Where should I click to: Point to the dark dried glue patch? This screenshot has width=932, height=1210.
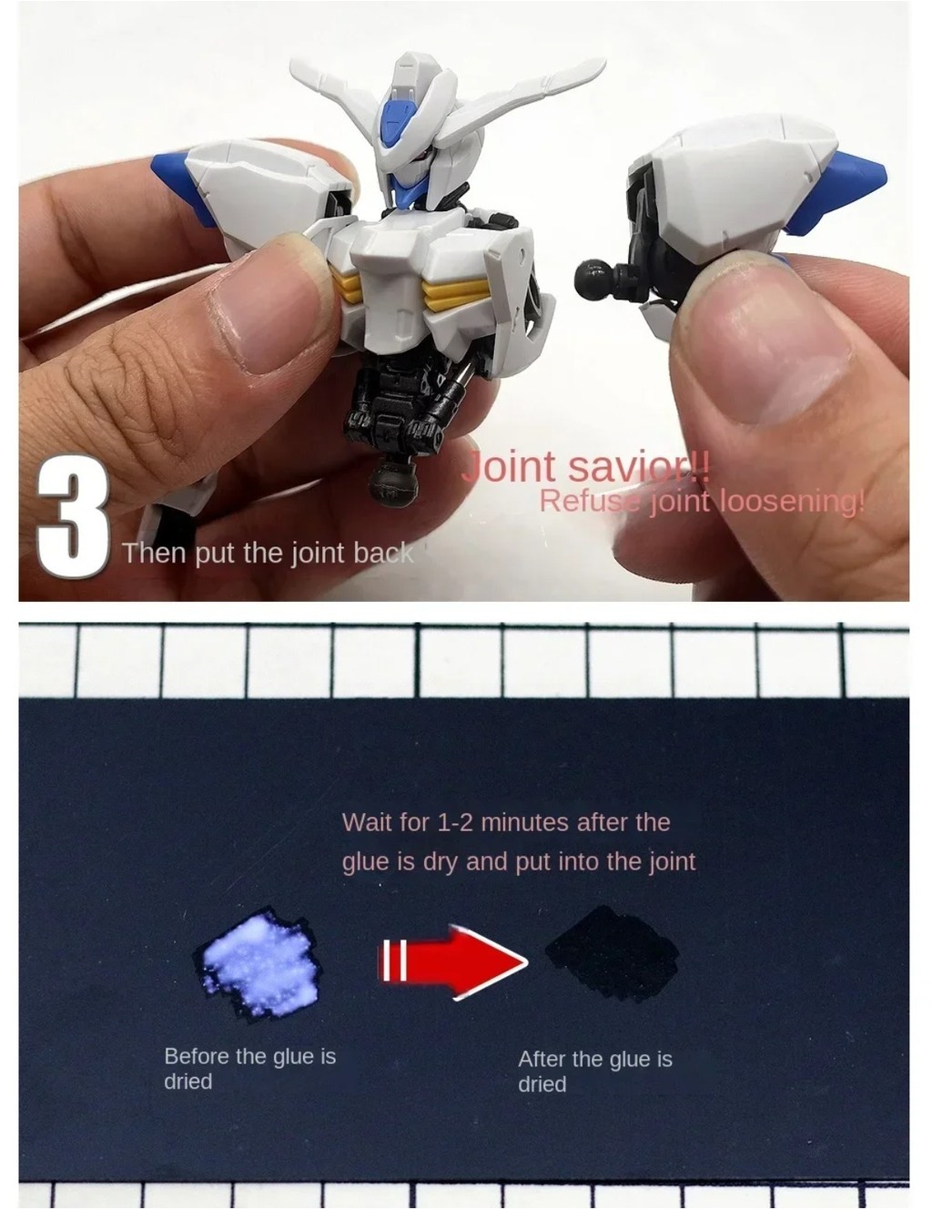(x=612, y=953)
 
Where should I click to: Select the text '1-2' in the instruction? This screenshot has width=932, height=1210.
(x=456, y=823)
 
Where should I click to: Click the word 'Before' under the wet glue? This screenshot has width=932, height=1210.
(x=197, y=1056)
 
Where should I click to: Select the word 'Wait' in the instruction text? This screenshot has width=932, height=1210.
(x=367, y=823)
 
